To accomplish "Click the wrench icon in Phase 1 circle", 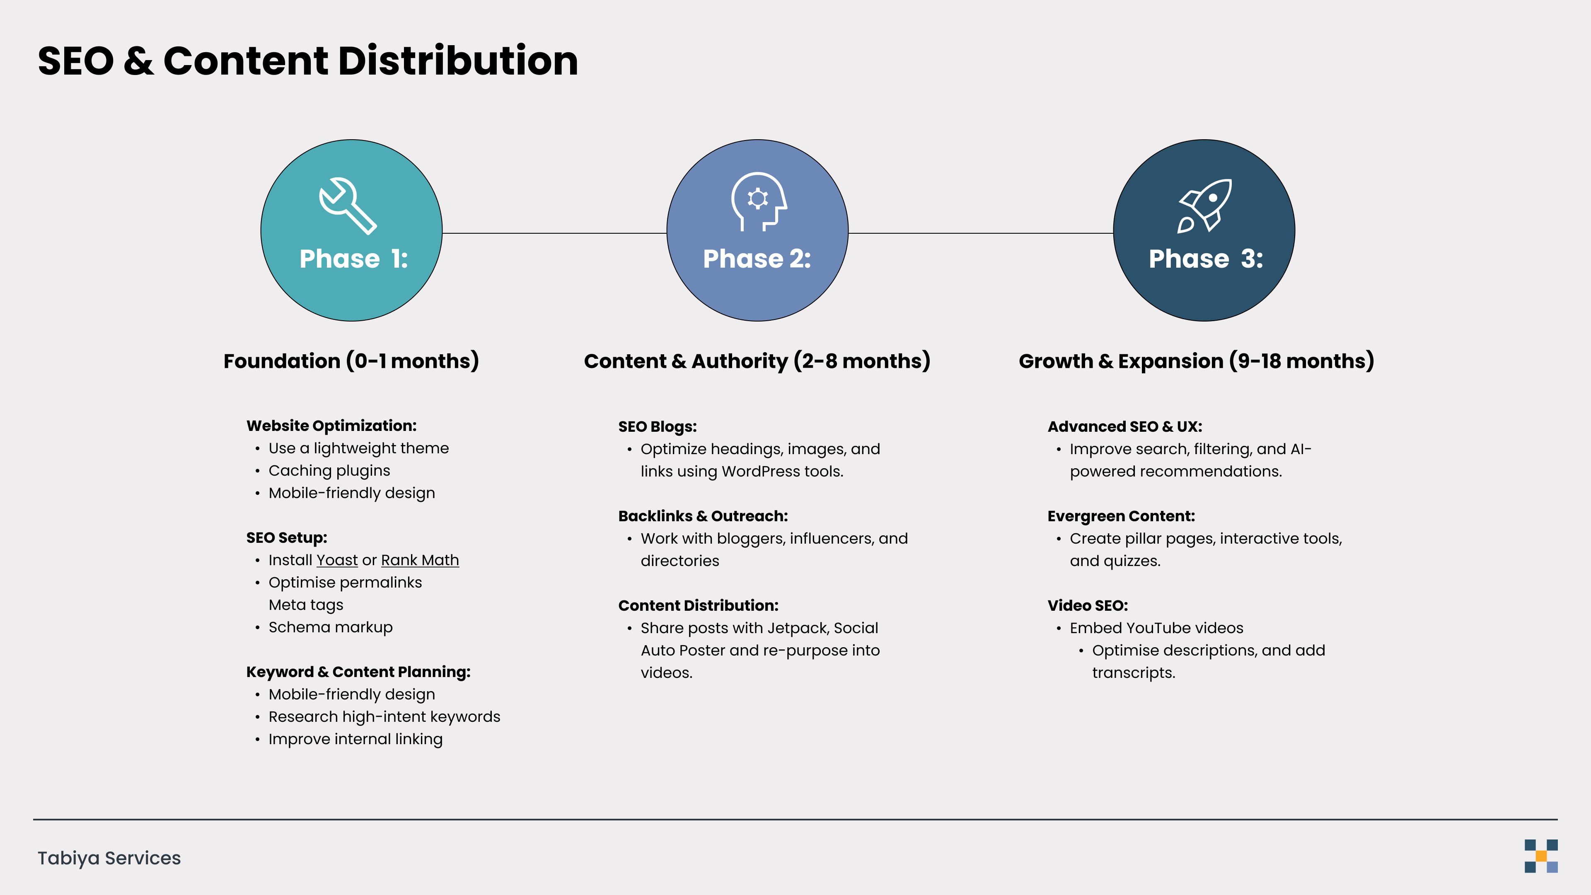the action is coord(348,206).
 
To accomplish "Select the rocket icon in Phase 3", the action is coord(1204,206).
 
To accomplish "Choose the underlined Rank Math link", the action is coord(420,560).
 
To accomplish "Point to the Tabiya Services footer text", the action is coord(109,858).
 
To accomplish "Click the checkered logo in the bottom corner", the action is coord(1540,856).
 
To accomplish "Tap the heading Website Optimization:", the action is coord(331,426).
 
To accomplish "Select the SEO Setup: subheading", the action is coord(287,537).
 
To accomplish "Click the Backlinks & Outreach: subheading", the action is coord(703,516).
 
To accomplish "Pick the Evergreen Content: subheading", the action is coord(1121,516).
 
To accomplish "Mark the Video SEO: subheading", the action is coord(1088,605).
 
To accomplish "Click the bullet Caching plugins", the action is coord(329,471).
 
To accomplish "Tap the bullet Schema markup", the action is coord(331,628).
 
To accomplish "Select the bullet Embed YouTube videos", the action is coord(1156,628).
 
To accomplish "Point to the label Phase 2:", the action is coord(757,259).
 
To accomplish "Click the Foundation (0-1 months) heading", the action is coord(351,361).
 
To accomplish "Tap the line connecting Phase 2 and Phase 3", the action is coord(981,233).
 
